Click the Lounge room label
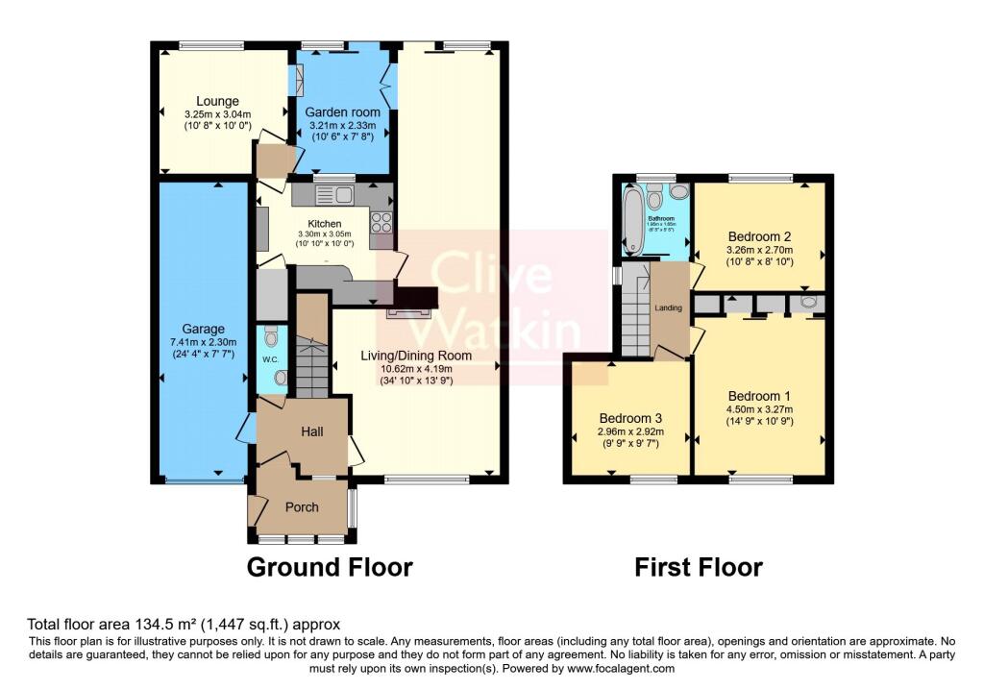[217, 101]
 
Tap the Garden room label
[342, 112]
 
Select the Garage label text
[205, 328]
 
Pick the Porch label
[302, 507]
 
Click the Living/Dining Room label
[416, 356]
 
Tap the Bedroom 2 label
[759, 236]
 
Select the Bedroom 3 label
[631, 419]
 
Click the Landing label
[669, 308]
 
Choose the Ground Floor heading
[330, 567]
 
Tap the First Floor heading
[698, 568]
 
